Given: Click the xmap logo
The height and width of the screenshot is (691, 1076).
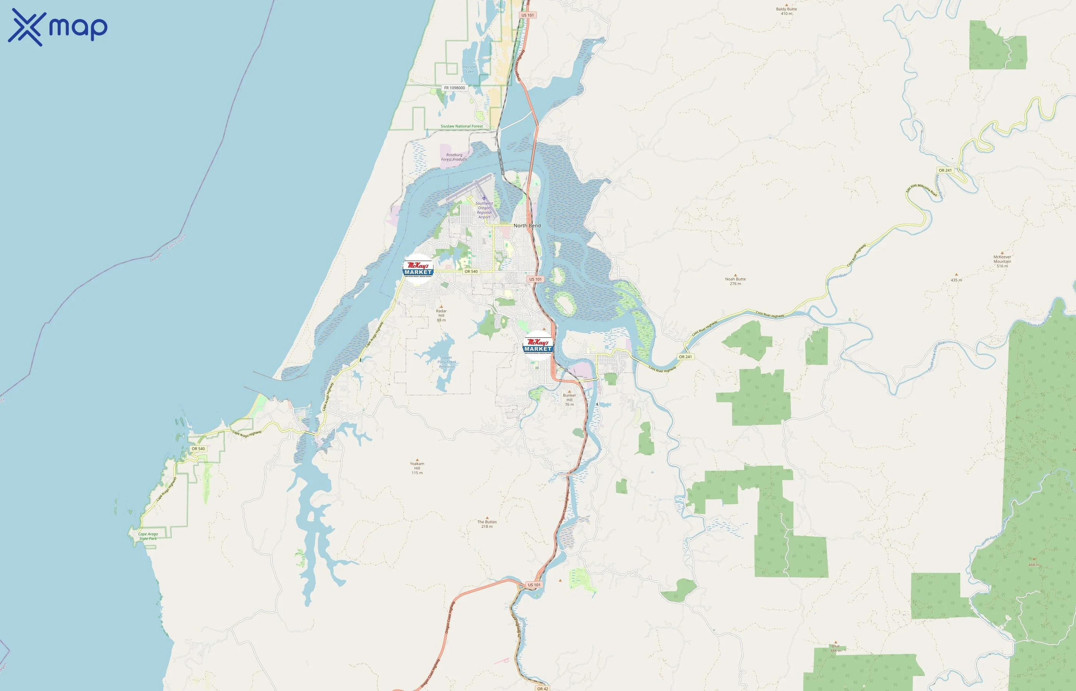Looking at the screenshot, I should click(x=58, y=27).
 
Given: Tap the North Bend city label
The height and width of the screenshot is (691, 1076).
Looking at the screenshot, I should click(x=527, y=226).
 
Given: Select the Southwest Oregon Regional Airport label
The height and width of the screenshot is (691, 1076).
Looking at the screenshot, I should click(x=484, y=210).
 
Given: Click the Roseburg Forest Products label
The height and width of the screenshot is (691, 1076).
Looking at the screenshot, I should click(x=454, y=157).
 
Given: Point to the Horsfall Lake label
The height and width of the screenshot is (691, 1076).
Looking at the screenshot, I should click(x=470, y=69).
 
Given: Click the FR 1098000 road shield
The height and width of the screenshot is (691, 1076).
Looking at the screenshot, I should click(x=455, y=88).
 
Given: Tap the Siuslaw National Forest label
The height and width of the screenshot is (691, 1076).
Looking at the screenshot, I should click(x=461, y=126).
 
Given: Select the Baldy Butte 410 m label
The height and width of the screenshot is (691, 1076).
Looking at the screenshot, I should click(x=786, y=11).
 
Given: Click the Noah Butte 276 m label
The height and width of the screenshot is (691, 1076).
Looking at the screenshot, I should click(x=735, y=281).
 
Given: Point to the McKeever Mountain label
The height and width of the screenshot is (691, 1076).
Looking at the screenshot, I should click(x=1002, y=261).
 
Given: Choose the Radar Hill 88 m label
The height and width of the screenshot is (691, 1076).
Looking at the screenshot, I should click(x=442, y=315).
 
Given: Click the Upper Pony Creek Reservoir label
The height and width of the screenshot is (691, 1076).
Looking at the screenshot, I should click(x=447, y=362).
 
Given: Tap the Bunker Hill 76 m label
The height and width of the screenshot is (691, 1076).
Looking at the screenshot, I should click(x=569, y=399).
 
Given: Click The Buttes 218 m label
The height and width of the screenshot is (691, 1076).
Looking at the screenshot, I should click(x=487, y=524).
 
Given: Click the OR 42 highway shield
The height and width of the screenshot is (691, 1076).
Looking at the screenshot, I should click(x=543, y=688).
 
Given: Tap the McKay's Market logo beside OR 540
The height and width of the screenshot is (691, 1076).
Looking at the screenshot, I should click(x=418, y=269).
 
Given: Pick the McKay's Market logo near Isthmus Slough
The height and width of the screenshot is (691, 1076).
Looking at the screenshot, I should click(x=538, y=345).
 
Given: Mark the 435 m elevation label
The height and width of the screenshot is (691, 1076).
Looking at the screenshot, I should click(x=956, y=280).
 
